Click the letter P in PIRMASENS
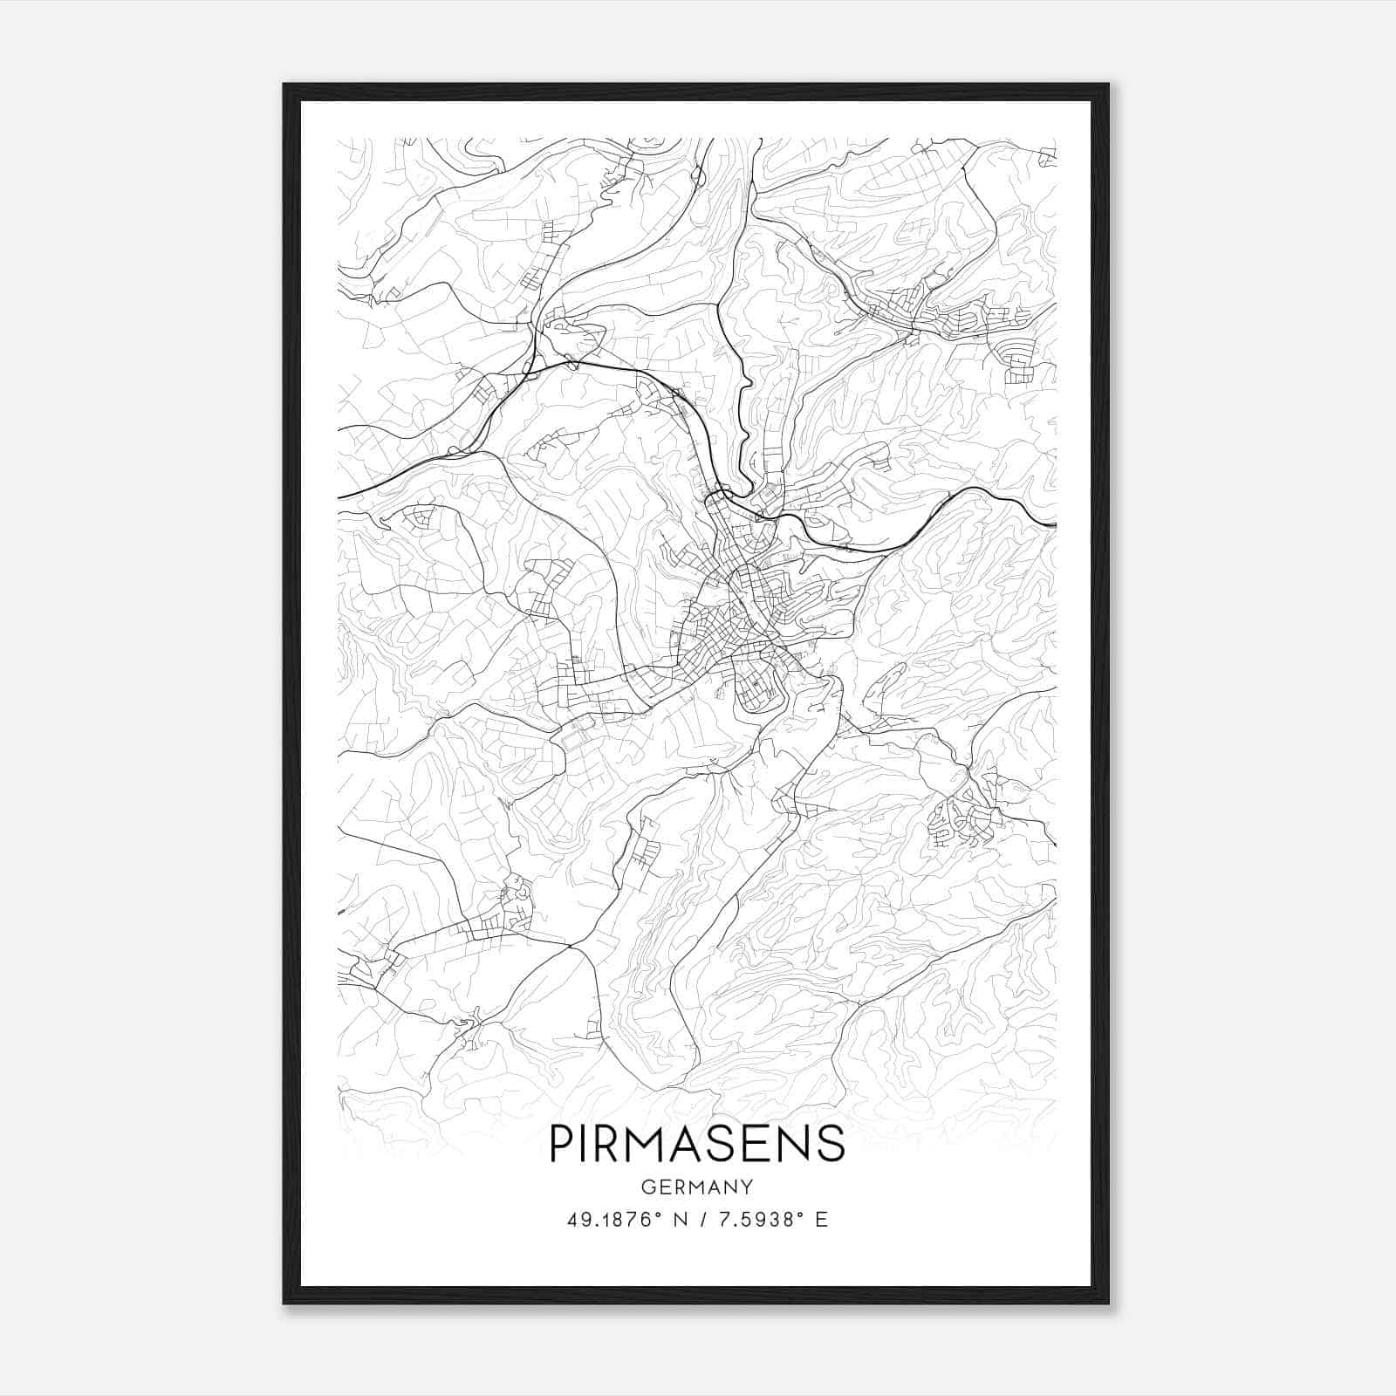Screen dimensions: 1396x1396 point(561,1143)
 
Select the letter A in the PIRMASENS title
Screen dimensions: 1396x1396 point(685,1143)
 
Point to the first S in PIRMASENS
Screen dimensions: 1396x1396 point(721,1143)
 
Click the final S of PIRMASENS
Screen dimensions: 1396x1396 point(831,1143)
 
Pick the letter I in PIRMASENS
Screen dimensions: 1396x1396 point(583,1143)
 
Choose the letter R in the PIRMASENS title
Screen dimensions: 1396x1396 point(605,1143)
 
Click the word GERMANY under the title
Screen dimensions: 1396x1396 point(697,1187)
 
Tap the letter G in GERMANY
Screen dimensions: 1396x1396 point(647,1187)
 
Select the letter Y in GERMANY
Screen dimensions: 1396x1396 point(747,1187)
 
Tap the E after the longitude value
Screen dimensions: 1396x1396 point(821,1220)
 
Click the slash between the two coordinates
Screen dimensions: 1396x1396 point(699,1220)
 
